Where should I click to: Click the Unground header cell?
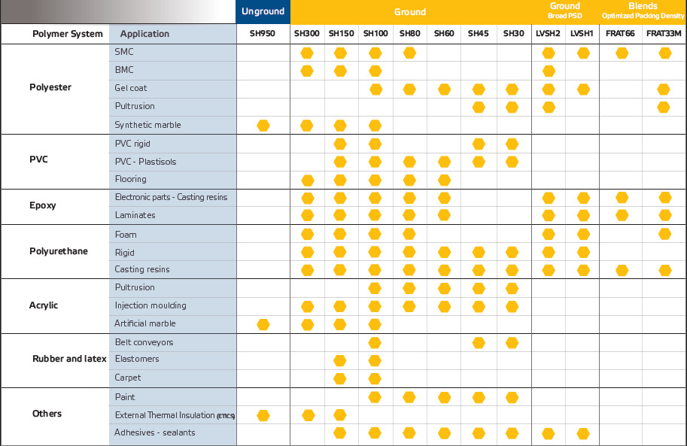pyautogui.click(x=263, y=11)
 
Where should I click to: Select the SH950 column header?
pyautogui.click(x=263, y=33)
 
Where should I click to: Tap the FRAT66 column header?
pyautogui.click(x=620, y=33)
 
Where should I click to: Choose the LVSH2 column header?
pyautogui.click(x=548, y=33)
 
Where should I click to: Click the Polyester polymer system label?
pyautogui.click(x=50, y=87)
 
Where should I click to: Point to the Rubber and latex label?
pyautogui.click(x=69, y=359)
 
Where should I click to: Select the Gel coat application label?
pyautogui.click(x=131, y=88)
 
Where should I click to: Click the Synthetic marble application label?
pyautogui.click(x=147, y=125)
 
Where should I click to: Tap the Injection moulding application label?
pyautogui.click(x=150, y=305)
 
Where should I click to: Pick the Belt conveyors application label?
pyautogui.click(x=144, y=342)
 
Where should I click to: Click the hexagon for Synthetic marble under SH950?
pyautogui.click(x=263, y=126)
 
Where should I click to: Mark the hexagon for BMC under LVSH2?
pyautogui.click(x=549, y=71)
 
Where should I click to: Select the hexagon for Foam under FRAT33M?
pyautogui.click(x=664, y=234)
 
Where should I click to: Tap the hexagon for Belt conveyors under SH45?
pyautogui.click(x=479, y=343)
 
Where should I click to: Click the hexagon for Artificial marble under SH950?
pyautogui.click(x=263, y=325)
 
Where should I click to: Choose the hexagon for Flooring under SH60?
pyautogui.click(x=444, y=180)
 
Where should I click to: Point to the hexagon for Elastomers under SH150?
pyautogui.click(x=340, y=360)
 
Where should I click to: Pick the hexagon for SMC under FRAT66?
pyautogui.click(x=622, y=53)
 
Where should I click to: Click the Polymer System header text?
pyautogui.click(x=68, y=34)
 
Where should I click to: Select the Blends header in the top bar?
pyautogui.click(x=643, y=6)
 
